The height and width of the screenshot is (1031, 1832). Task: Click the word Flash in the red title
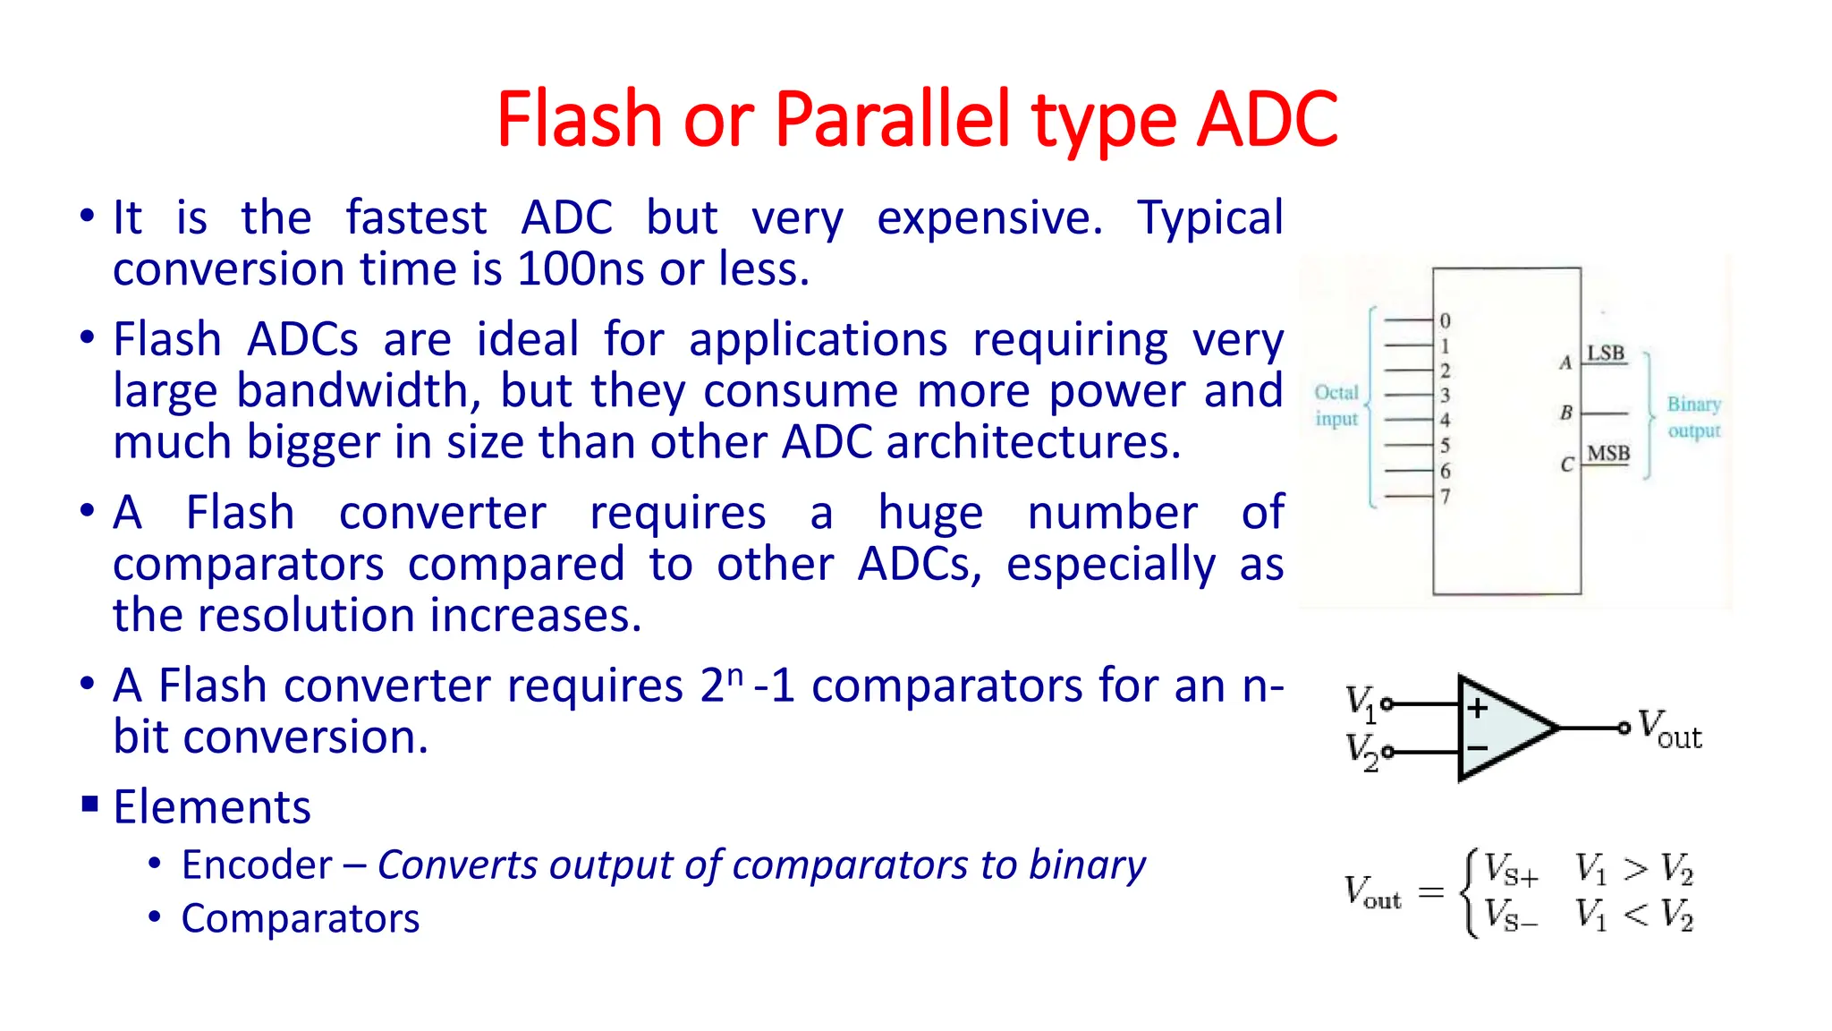(x=579, y=119)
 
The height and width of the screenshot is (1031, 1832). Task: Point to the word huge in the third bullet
(x=930, y=514)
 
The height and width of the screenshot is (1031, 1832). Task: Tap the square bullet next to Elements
(x=89, y=803)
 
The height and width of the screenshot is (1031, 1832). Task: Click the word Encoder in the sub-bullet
(x=257, y=865)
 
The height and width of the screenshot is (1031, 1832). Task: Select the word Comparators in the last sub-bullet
(x=301, y=919)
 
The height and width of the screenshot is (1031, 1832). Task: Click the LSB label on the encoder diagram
(x=1606, y=354)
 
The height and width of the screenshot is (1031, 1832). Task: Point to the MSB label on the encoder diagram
(x=1608, y=454)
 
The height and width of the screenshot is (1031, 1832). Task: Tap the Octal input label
(x=1336, y=405)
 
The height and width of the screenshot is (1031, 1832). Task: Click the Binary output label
(x=1693, y=417)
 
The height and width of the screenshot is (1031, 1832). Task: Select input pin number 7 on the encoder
(x=1446, y=496)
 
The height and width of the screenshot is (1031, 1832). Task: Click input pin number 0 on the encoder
(x=1446, y=320)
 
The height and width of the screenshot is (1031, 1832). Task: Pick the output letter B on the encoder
(x=1566, y=413)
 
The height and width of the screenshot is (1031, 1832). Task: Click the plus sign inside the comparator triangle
(x=1478, y=709)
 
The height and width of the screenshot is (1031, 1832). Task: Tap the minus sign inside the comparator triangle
(x=1478, y=748)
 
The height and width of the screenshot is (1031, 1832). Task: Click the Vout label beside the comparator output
(x=1669, y=729)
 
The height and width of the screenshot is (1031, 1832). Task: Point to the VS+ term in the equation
(x=1511, y=869)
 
